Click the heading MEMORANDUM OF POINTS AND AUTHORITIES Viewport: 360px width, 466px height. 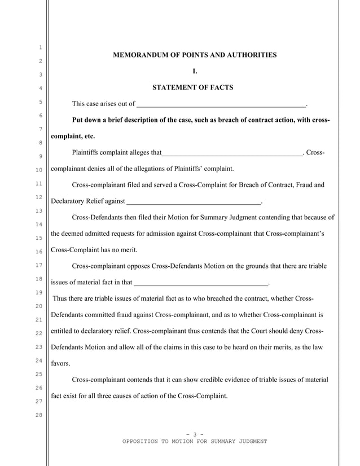click(195, 55)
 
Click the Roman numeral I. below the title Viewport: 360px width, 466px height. click(195, 72)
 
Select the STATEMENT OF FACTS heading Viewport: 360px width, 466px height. click(192, 88)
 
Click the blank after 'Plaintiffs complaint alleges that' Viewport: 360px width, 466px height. click(232, 152)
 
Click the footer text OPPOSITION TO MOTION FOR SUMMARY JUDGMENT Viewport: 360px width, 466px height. click(195, 441)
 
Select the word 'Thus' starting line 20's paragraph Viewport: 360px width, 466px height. click(60, 298)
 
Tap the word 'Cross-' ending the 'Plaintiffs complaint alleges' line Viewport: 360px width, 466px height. click(316, 152)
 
